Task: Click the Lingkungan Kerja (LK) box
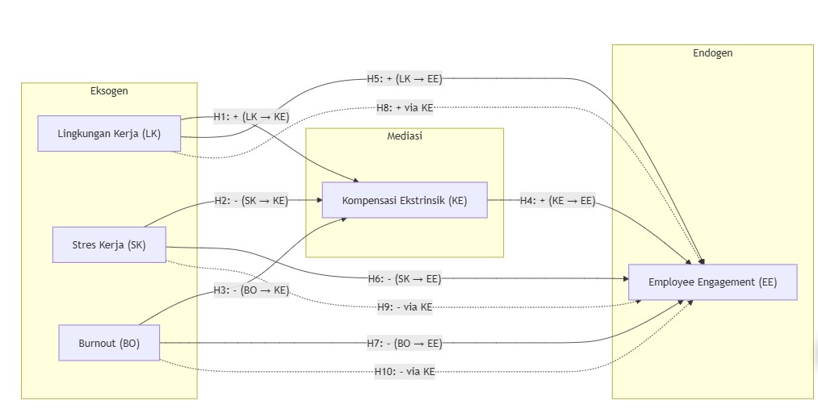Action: pos(109,134)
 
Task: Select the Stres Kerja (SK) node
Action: pos(109,244)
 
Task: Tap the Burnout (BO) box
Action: pos(109,343)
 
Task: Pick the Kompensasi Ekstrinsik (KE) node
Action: pos(405,200)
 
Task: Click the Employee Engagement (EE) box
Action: pos(712,282)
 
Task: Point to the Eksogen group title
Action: pos(109,90)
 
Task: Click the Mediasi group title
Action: pos(405,136)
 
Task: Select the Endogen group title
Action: pos(712,53)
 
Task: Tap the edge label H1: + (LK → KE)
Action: pos(251,116)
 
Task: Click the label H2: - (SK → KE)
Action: pos(251,200)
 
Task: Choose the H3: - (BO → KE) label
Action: pos(251,290)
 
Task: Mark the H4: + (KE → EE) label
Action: pos(557,200)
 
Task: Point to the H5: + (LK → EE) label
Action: pos(405,78)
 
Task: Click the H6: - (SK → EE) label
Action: pos(405,278)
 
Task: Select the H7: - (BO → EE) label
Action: pos(405,343)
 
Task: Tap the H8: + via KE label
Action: pos(405,107)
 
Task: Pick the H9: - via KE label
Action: pos(405,307)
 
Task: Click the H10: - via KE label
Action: pos(405,371)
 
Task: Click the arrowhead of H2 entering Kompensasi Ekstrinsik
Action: pos(318,200)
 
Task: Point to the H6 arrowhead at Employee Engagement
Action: pos(624,278)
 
